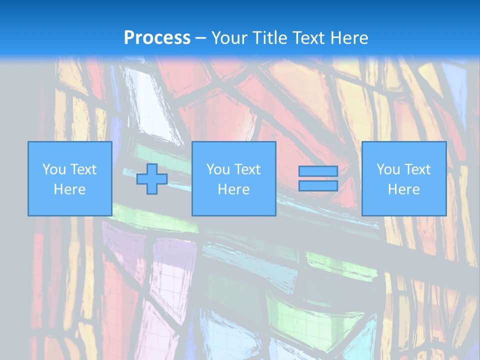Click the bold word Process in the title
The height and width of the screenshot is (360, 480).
[157, 37]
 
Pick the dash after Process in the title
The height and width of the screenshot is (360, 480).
[201, 38]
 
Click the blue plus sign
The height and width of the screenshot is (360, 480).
[152, 178]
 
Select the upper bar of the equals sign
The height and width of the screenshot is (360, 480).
[318, 171]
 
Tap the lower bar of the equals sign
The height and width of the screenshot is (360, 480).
[318, 185]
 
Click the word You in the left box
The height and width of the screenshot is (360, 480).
[53, 169]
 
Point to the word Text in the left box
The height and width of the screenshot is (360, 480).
[82, 169]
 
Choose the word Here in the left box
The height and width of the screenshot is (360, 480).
[69, 189]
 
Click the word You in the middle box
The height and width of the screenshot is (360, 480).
[217, 169]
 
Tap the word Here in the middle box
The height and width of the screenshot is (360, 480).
[233, 189]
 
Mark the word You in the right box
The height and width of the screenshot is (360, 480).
[387, 169]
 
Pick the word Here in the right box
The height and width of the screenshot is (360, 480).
[403, 189]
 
